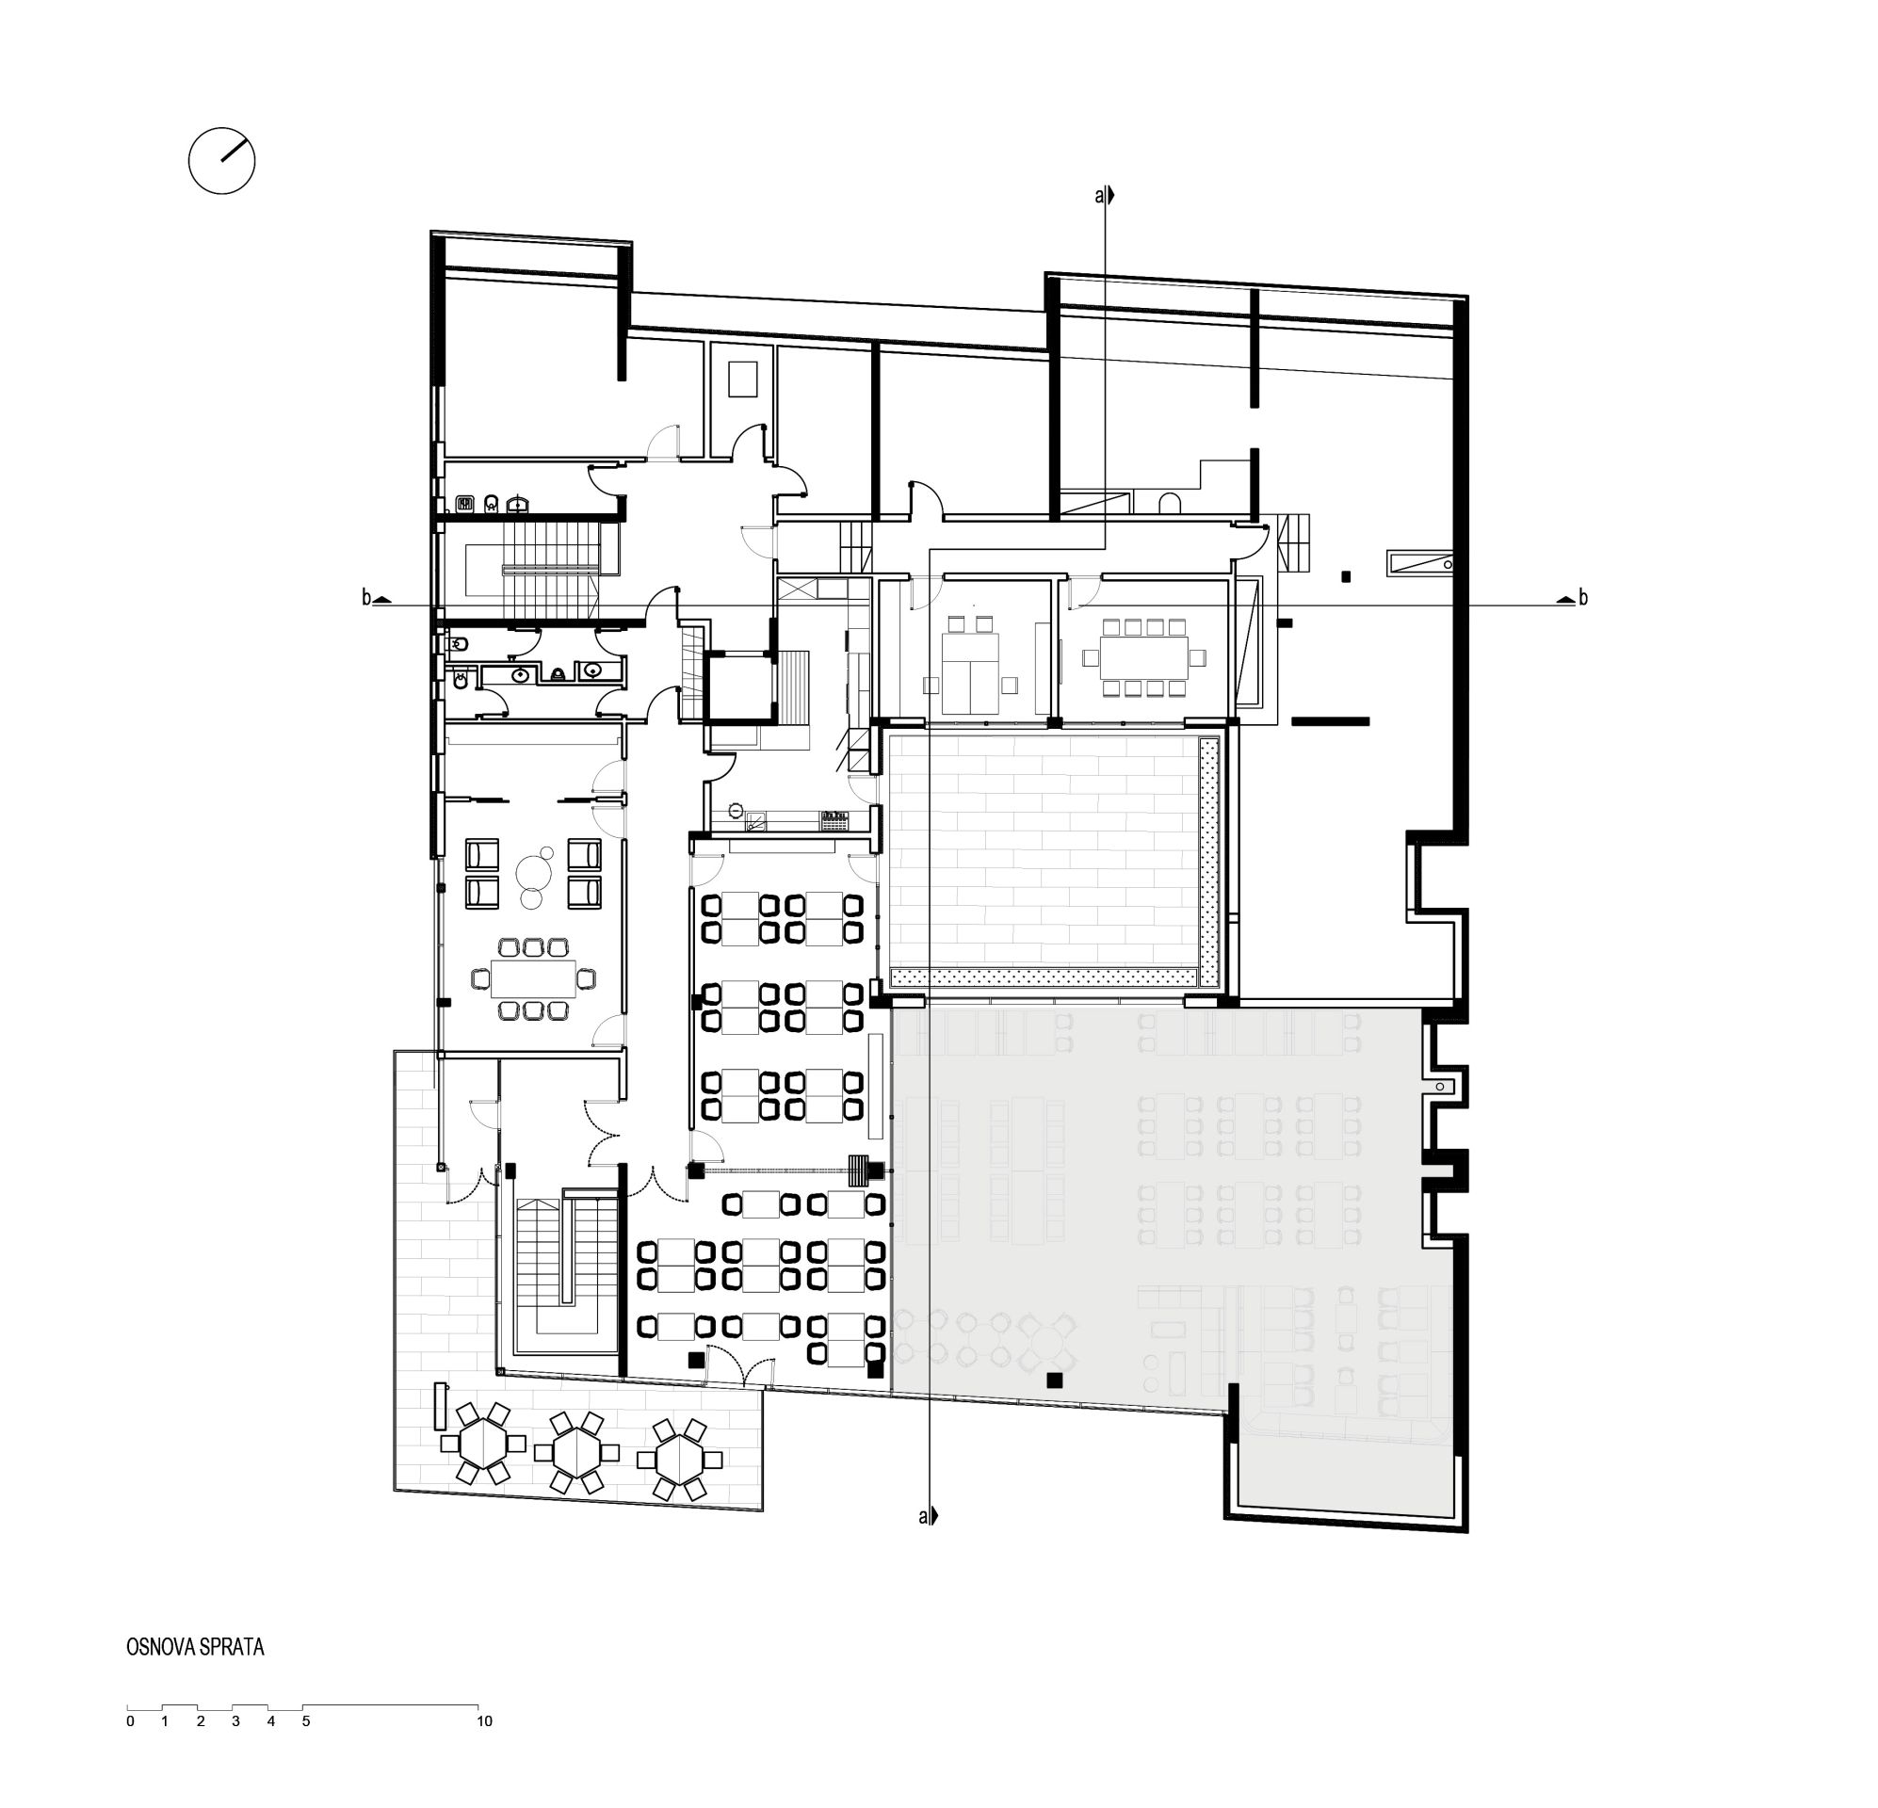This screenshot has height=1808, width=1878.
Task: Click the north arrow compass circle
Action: click(x=221, y=161)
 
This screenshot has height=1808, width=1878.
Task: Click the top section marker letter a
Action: click(x=1099, y=197)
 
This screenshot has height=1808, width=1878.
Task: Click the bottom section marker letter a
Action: click(x=924, y=1517)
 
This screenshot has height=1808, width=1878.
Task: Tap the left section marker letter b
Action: click(x=366, y=598)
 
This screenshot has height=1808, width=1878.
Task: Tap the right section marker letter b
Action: click(x=1583, y=598)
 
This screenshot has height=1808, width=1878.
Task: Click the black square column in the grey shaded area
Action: click(x=1054, y=1380)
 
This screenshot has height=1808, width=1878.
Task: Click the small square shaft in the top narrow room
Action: click(x=742, y=379)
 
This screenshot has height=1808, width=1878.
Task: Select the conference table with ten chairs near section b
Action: click(x=1143, y=657)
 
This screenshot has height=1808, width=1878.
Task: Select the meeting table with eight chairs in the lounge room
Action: click(x=533, y=977)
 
